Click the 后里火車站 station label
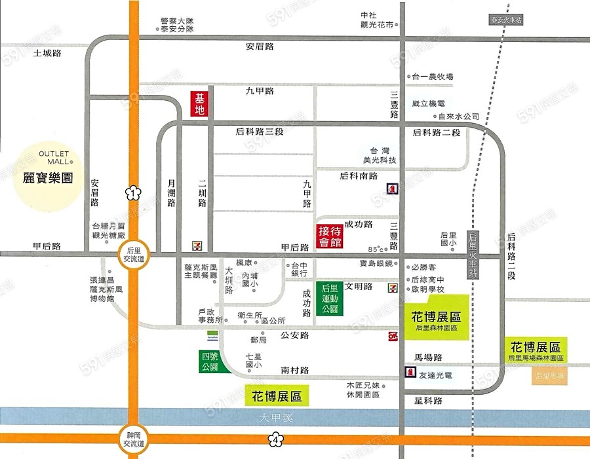click(x=471, y=255)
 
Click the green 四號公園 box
click(x=210, y=361)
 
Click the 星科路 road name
click(x=429, y=400)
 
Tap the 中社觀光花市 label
click(x=380, y=20)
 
